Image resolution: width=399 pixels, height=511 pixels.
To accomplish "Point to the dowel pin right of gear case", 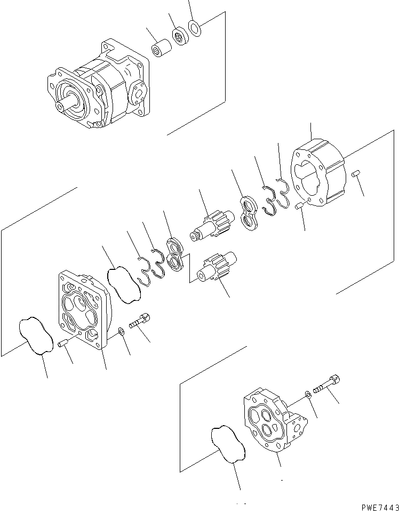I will pyautogui.click(x=357, y=173).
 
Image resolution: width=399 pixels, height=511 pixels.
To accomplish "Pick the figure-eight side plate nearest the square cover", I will pyautogui.click(x=174, y=253).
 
